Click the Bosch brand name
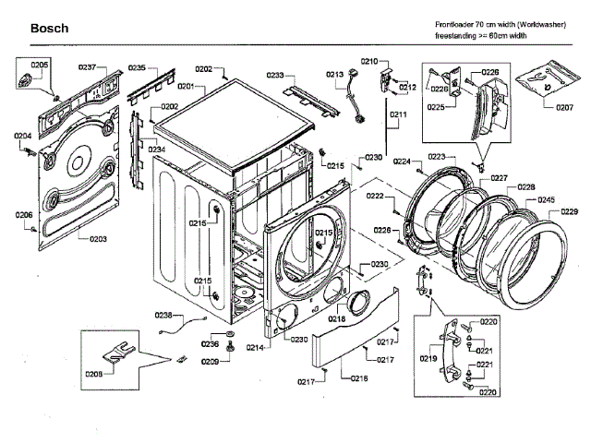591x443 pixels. (49, 29)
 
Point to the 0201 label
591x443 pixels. (185, 86)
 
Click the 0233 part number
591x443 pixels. (275, 75)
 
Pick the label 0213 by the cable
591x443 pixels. (334, 74)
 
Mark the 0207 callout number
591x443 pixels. (564, 107)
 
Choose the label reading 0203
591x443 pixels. (98, 238)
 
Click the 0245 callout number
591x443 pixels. (545, 199)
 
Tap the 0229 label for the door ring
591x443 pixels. (570, 212)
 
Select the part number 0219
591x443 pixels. (429, 357)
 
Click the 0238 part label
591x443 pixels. (163, 315)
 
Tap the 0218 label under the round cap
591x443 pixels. (337, 319)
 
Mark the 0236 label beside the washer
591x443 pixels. (211, 344)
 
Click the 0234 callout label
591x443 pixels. (156, 149)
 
